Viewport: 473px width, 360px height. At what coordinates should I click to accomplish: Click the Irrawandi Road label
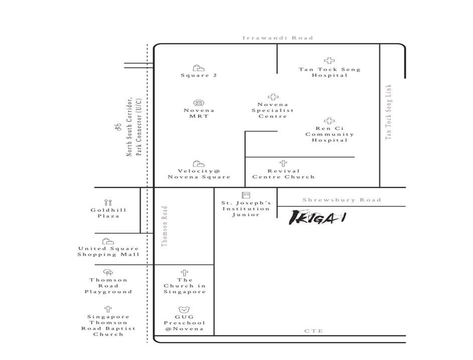tap(278, 38)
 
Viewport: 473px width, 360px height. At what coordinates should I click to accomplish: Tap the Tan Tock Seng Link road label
tap(389, 112)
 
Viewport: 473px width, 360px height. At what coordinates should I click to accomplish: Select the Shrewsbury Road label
tap(342, 200)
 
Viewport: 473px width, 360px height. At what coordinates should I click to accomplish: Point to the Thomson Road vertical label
tap(165, 226)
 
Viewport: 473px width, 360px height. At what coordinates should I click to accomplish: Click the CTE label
tap(313, 331)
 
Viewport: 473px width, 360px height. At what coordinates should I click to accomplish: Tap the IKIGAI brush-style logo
tap(318, 217)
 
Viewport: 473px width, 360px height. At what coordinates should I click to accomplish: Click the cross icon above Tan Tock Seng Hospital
tap(330, 60)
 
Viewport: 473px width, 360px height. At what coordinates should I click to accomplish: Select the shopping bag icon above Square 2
tap(198, 68)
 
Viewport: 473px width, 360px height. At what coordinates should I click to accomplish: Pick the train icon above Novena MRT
tap(199, 103)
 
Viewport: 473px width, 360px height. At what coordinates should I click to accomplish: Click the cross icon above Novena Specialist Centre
tap(273, 97)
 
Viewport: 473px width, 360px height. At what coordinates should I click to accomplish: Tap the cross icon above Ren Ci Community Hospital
tap(330, 121)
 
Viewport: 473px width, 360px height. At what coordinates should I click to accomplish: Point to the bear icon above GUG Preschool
tap(184, 310)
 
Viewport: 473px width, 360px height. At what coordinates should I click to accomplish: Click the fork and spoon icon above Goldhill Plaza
tap(108, 202)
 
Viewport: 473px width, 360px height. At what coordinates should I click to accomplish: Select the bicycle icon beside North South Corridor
tap(118, 128)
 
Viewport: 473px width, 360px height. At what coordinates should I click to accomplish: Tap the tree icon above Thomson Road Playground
tap(108, 273)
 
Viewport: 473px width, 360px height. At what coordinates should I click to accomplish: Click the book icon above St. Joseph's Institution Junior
tap(246, 195)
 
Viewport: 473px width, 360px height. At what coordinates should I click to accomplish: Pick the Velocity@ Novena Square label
tap(199, 174)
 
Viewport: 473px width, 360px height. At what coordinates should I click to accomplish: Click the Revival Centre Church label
tap(283, 174)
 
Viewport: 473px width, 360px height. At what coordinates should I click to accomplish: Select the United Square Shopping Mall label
tap(108, 251)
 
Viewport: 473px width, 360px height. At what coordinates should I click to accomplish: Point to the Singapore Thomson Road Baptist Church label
tap(108, 325)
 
